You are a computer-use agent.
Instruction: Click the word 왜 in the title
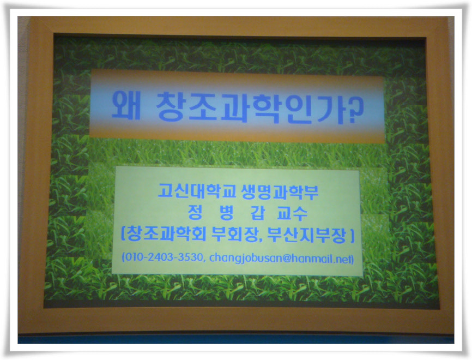(126, 106)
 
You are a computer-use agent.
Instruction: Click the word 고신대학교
(197, 191)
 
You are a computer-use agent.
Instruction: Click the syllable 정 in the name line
(195, 212)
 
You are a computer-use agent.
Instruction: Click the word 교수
(292, 213)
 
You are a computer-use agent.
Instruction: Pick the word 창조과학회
(166, 233)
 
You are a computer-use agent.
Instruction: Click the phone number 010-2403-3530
(164, 257)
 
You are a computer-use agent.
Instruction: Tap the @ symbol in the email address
(287, 258)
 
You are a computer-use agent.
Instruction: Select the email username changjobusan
(246, 259)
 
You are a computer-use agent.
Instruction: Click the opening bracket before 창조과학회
(123, 234)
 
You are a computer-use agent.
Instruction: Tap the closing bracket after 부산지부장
(352, 235)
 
